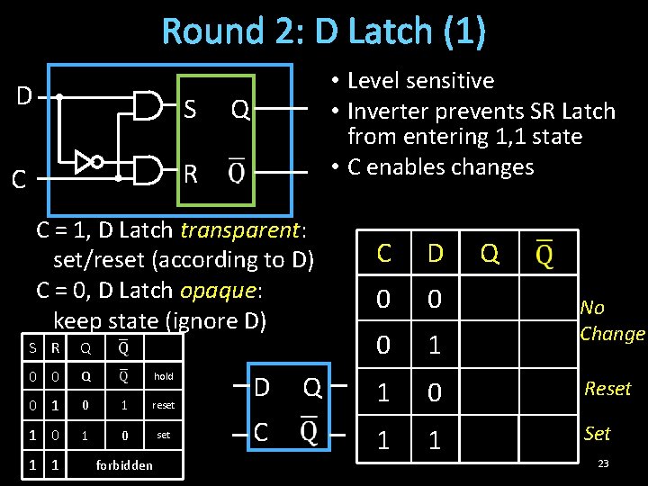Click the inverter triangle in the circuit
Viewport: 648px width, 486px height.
click(x=85, y=163)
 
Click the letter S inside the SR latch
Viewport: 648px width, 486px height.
click(x=190, y=110)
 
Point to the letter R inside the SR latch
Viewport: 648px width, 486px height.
click(x=190, y=174)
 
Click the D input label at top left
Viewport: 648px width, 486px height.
click(x=24, y=94)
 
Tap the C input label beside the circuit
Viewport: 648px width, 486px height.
click(x=18, y=180)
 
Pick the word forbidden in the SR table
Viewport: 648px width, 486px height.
click(x=124, y=465)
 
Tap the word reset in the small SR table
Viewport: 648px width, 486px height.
click(x=163, y=406)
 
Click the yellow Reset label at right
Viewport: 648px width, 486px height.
click(x=607, y=389)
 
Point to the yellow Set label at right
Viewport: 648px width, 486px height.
click(x=597, y=434)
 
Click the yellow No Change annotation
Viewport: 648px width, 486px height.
click(x=612, y=321)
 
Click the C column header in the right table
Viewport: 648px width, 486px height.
click(x=384, y=254)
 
